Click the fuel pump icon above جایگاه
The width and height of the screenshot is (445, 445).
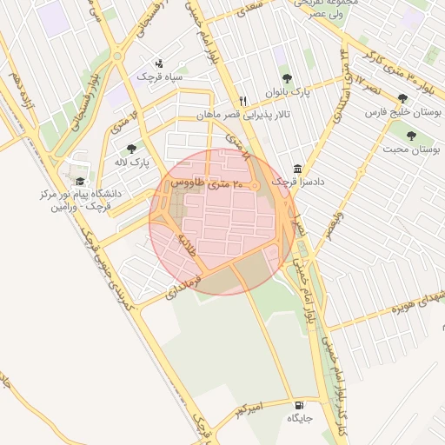tap(300, 405)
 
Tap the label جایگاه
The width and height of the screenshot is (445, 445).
tap(300, 418)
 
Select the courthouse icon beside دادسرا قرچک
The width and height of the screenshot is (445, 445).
tap(298, 168)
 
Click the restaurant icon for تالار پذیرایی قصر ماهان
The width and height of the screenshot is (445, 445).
tap(243, 101)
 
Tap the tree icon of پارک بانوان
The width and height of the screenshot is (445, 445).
tap(287, 78)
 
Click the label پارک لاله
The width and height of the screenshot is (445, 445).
tap(131, 162)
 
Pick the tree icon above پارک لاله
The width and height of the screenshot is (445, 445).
tap(131, 149)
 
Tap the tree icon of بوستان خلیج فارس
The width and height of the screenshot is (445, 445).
tap(402, 99)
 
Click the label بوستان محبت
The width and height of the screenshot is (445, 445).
tap(411, 149)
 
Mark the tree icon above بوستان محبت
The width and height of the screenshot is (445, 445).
tap(411, 136)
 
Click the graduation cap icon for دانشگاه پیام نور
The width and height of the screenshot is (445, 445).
tap(81, 182)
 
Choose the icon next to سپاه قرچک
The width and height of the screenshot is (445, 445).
tap(158, 63)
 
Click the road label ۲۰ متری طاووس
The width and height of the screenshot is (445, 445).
tap(199, 183)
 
